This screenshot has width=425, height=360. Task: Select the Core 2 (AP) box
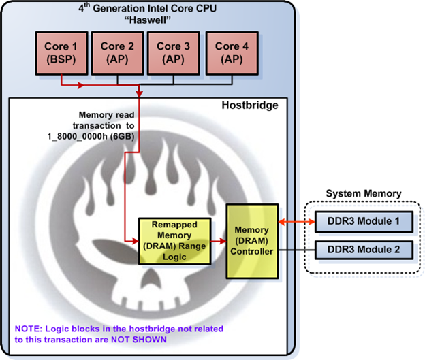tap(116, 52)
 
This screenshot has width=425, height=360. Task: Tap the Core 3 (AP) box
tap(173, 52)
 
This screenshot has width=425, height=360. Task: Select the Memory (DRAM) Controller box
tap(253, 240)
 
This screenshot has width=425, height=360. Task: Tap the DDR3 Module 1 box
tap(363, 222)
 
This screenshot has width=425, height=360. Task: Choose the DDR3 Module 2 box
tap(363, 249)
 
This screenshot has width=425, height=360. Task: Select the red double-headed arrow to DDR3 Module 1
tap(295, 222)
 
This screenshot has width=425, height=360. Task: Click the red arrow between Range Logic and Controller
tap(217, 240)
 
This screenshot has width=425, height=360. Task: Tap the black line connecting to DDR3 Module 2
tap(295, 249)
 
